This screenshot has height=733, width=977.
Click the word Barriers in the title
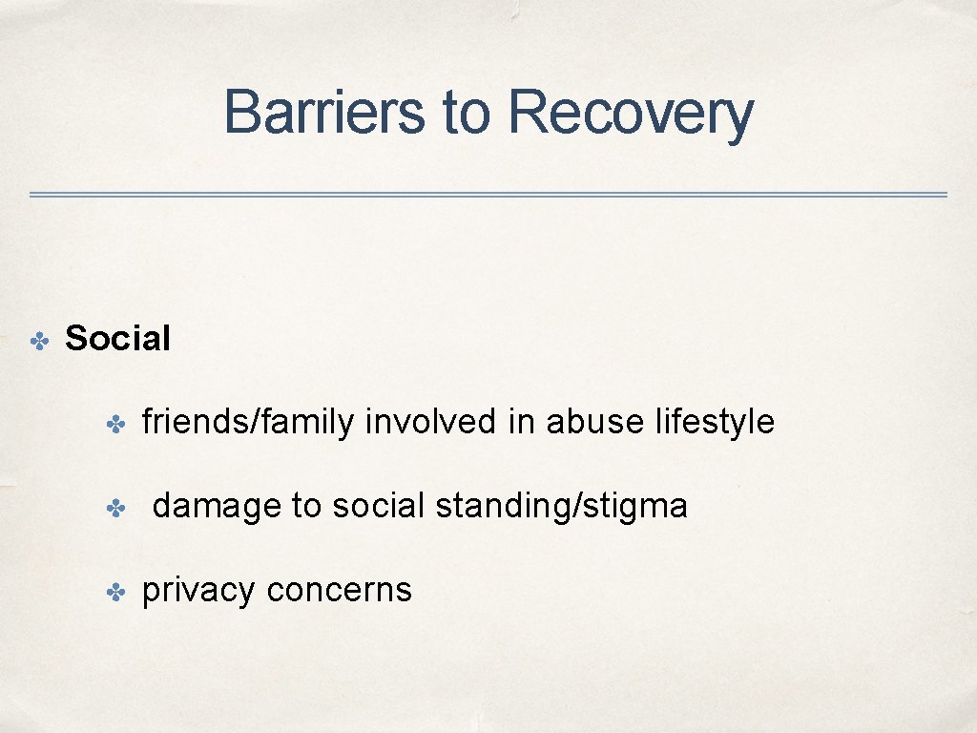click(325, 112)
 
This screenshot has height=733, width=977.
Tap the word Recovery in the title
click(631, 112)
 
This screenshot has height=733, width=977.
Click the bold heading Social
click(117, 338)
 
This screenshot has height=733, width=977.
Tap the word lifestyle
click(715, 422)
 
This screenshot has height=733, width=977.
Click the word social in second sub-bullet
click(377, 506)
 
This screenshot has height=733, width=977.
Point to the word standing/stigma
click(561, 506)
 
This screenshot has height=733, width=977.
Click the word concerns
click(340, 591)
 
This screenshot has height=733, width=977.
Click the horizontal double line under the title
click(488, 195)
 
